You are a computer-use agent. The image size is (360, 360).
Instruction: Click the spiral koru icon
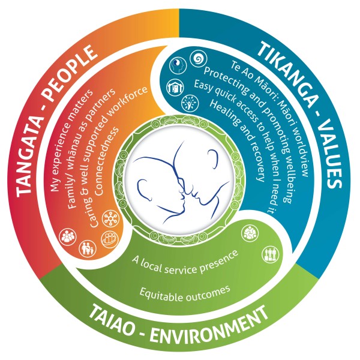[198, 58]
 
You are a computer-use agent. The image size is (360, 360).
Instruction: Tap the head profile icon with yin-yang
[178, 65]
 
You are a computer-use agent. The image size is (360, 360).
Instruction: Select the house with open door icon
[174, 88]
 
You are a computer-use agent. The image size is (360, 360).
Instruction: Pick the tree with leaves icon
[190, 103]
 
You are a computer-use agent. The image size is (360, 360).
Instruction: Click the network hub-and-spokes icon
[110, 218]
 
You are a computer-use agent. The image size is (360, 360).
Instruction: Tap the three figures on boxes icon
[271, 255]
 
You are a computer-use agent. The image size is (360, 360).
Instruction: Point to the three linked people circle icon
[250, 234]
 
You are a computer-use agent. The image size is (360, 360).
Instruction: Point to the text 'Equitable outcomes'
[185, 293]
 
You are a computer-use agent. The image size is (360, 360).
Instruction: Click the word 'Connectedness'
[107, 161]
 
